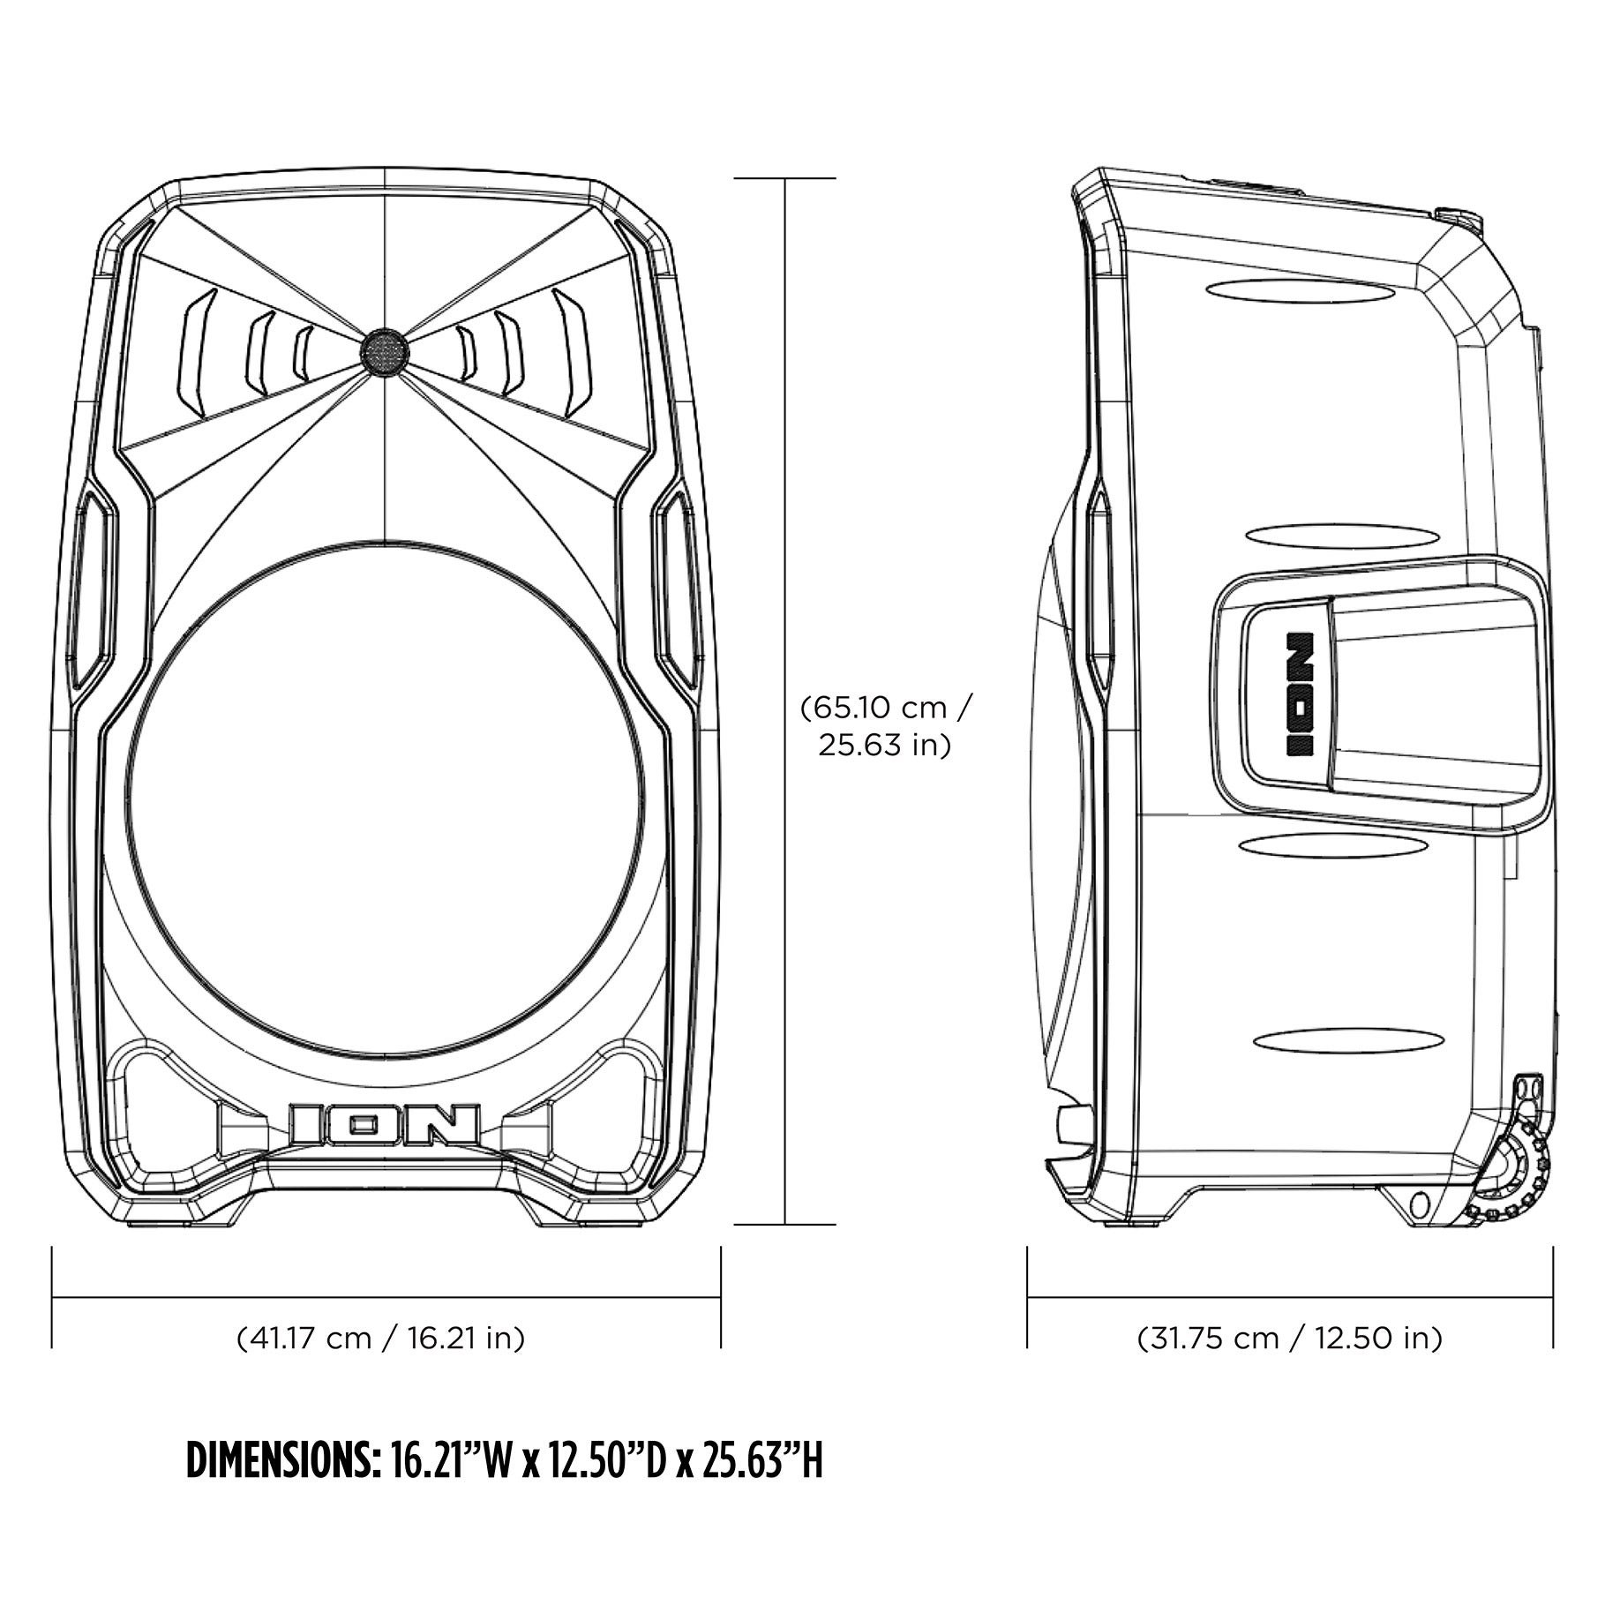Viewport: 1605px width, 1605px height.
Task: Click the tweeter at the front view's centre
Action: coord(385,352)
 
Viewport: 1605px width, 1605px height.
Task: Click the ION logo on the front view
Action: coord(385,1124)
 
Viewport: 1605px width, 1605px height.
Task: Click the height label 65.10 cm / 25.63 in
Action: coord(886,726)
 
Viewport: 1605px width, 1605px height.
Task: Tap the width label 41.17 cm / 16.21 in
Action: coord(381,1339)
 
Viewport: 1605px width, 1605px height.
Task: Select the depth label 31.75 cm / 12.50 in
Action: coord(1289,1339)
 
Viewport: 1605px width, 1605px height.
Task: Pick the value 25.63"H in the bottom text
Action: coord(763,1462)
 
